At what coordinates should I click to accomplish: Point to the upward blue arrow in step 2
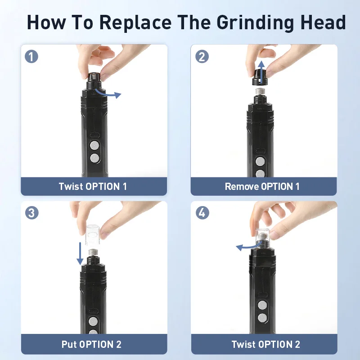261,72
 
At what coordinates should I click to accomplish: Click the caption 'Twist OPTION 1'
93,186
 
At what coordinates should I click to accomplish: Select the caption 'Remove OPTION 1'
262,186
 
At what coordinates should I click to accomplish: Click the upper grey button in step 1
94,145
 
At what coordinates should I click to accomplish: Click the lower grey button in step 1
94,158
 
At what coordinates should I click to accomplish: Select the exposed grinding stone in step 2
261,92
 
